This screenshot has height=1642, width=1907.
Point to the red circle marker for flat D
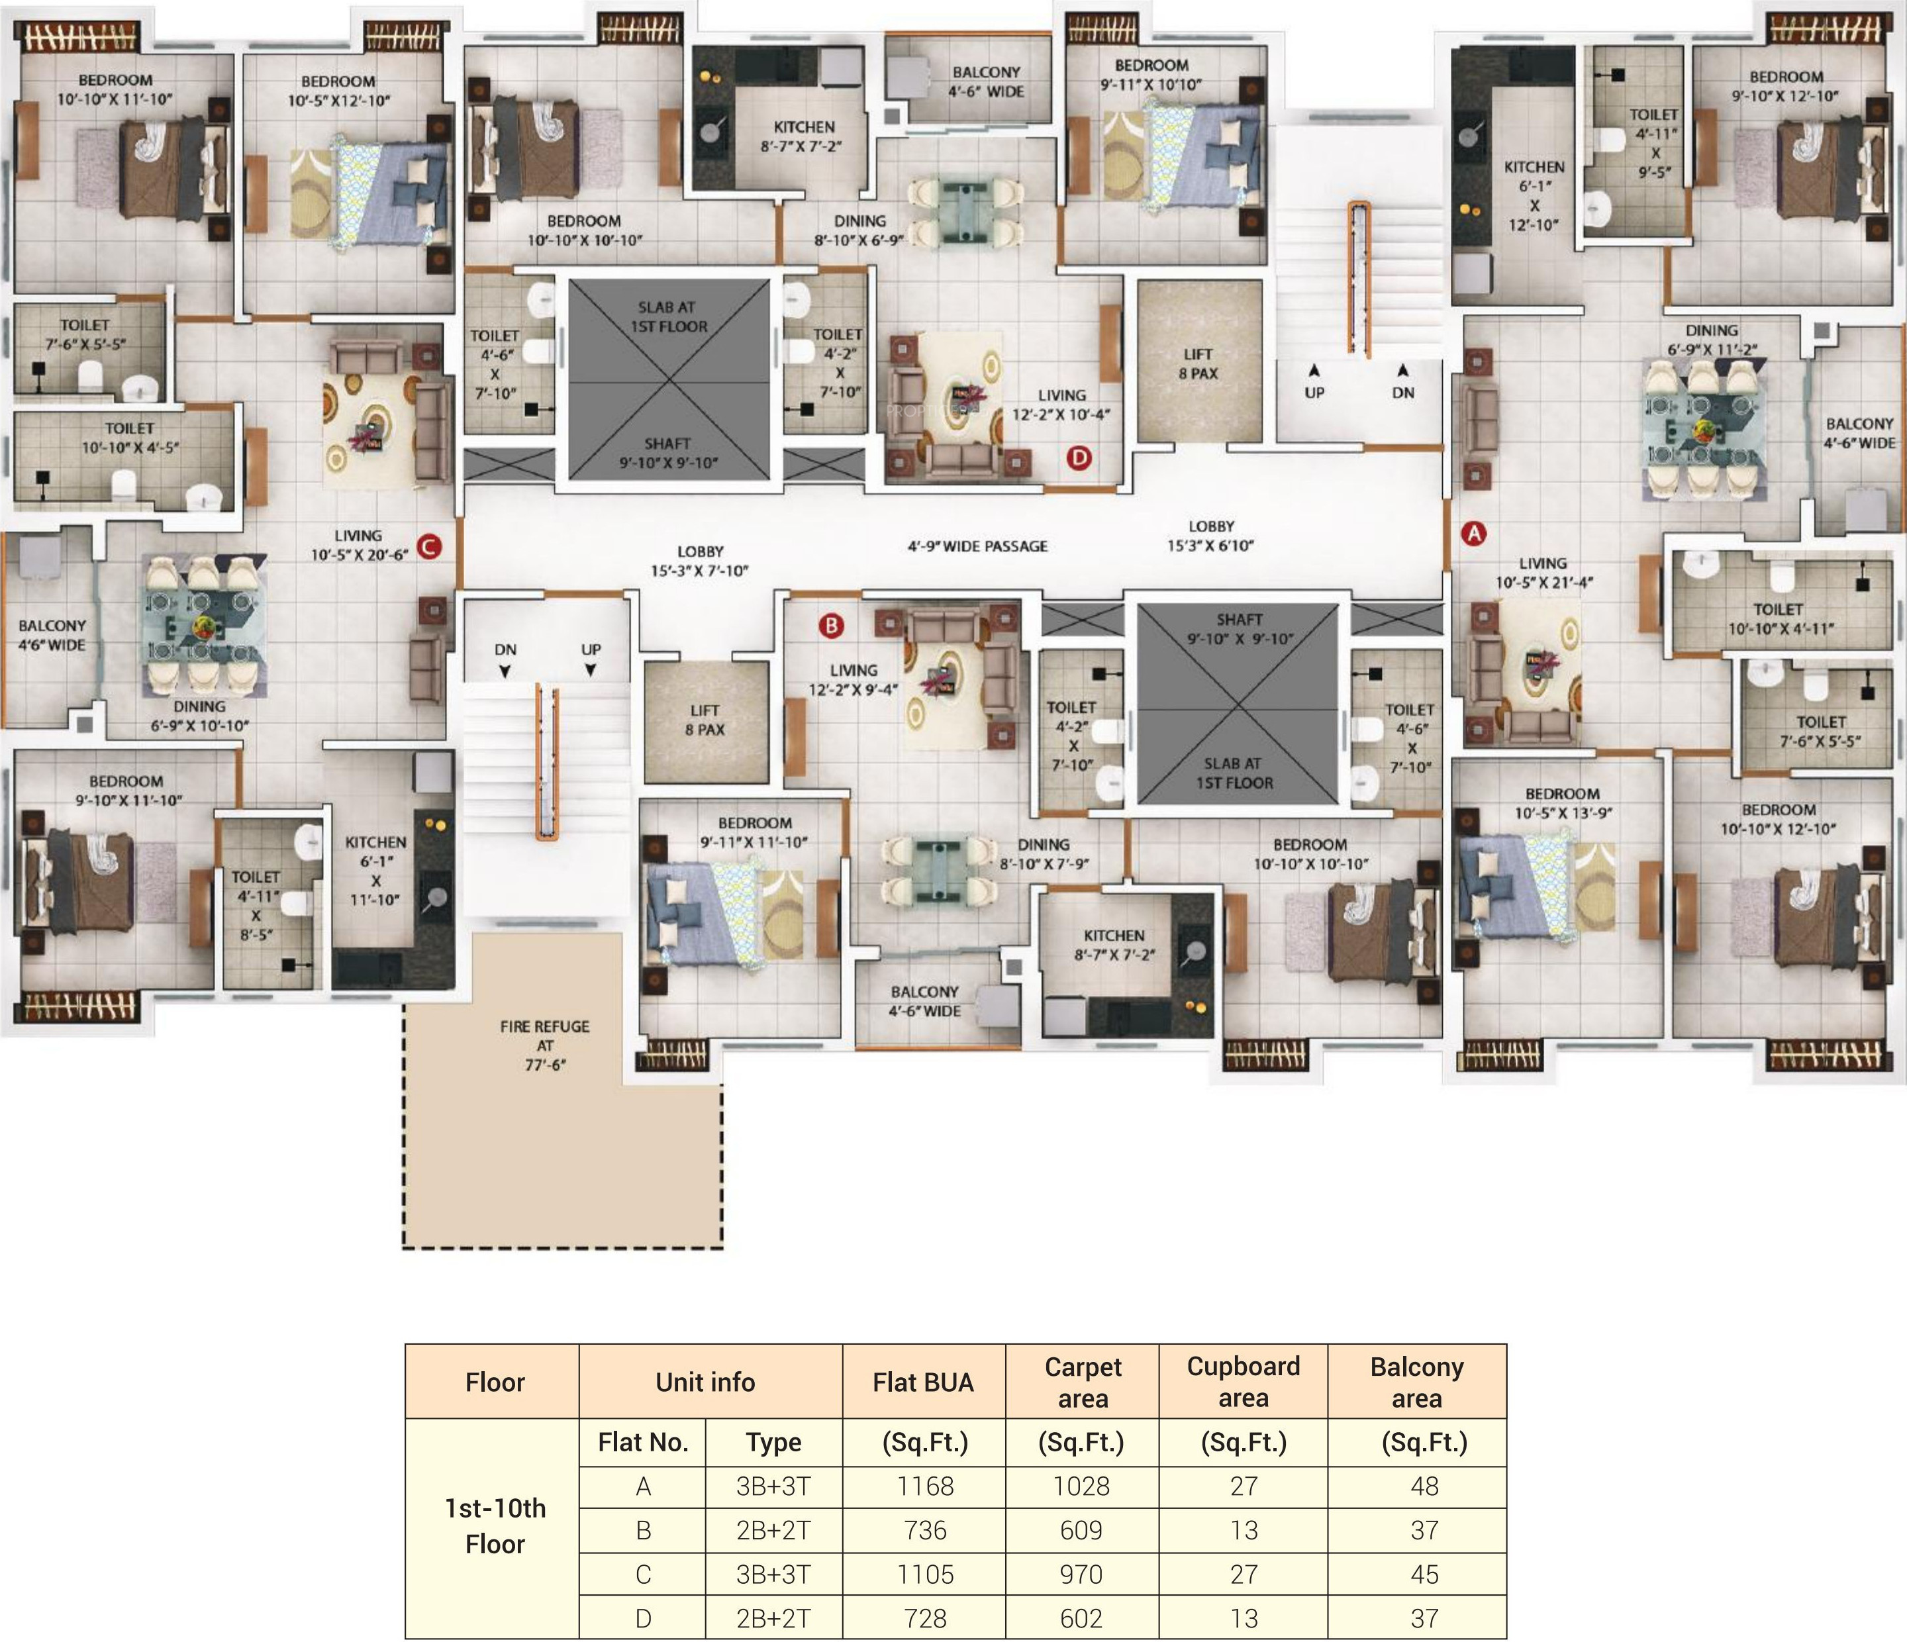1079,458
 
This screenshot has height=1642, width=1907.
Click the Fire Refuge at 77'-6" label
545,1045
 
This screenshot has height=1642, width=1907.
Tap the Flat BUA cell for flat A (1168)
925,1486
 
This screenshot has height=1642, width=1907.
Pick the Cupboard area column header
1244,1382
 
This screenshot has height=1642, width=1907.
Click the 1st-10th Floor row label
495,1526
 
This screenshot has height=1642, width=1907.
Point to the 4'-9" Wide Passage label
977,546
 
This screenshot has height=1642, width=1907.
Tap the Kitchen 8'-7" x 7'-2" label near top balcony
803,136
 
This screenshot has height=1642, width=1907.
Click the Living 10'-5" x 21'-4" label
1543,573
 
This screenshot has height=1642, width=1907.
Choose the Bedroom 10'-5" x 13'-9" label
1562,802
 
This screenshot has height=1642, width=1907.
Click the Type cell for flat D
773,1619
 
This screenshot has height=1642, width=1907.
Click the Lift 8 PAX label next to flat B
705,720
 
